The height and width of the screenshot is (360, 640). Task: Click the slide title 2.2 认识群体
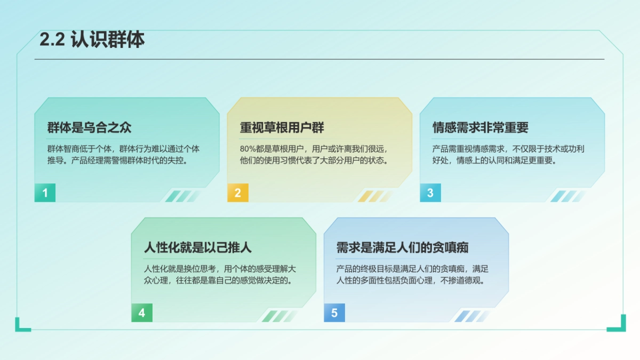pyautogui.click(x=92, y=41)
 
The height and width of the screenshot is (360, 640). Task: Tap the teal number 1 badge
pyautogui.click(x=45, y=193)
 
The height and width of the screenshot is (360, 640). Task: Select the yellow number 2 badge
pyautogui.click(x=238, y=193)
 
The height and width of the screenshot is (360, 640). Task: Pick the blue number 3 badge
pyautogui.click(x=430, y=193)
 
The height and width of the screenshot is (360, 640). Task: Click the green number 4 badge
pyautogui.click(x=142, y=313)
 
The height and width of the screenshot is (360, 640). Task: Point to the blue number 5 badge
pyautogui.click(x=334, y=313)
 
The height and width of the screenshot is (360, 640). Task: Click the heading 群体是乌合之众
pyautogui.click(x=90, y=128)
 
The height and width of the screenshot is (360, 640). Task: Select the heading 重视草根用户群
pyautogui.click(x=282, y=128)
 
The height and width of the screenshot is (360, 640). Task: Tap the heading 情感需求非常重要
pyautogui.click(x=481, y=128)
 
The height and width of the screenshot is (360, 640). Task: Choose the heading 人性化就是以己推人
pyautogui.click(x=198, y=248)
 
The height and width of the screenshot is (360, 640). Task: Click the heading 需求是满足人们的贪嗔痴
pyautogui.click(x=403, y=248)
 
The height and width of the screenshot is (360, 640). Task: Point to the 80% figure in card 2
pyautogui.click(x=249, y=149)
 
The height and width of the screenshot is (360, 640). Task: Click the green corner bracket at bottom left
pyautogui.click(x=22, y=325)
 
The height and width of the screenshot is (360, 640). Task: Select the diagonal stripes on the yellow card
pyautogui.click(x=374, y=196)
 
